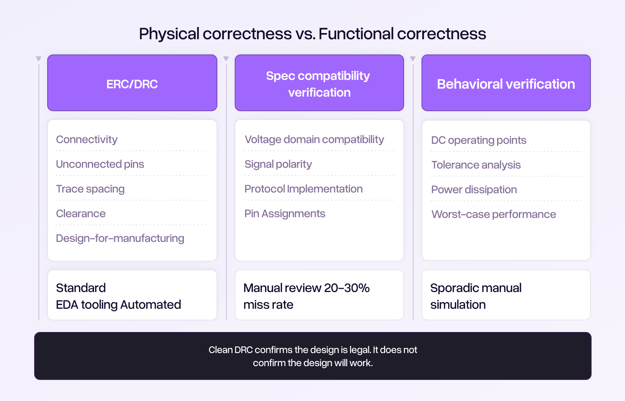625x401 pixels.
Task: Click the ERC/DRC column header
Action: [x=132, y=84]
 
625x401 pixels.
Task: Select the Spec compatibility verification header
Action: [x=319, y=84]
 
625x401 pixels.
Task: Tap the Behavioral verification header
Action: [x=506, y=84]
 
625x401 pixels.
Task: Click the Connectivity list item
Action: [x=87, y=139]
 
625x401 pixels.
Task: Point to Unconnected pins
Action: [x=100, y=164]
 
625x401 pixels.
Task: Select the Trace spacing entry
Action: [x=90, y=189]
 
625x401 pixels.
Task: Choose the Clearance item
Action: [x=81, y=214]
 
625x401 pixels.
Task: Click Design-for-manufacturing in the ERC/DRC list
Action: [x=120, y=238]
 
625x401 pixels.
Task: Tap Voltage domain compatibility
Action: [x=314, y=139]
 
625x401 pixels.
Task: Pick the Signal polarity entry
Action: [x=278, y=164]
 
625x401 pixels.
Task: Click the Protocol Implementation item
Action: [x=303, y=189]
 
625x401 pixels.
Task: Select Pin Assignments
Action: [x=285, y=214]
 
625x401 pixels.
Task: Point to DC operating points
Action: [x=479, y=140]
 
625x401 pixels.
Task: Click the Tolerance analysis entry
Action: [x=476, y=165]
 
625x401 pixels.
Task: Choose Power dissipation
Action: [x=474, y=190]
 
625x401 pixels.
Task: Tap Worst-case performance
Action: [x=493, y=214]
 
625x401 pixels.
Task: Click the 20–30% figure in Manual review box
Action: [x=347, y=288]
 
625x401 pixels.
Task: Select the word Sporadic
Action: [x=453, y=288]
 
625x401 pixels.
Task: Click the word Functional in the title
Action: [x=356, y=34]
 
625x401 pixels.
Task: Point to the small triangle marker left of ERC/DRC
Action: [x=39, y=59]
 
